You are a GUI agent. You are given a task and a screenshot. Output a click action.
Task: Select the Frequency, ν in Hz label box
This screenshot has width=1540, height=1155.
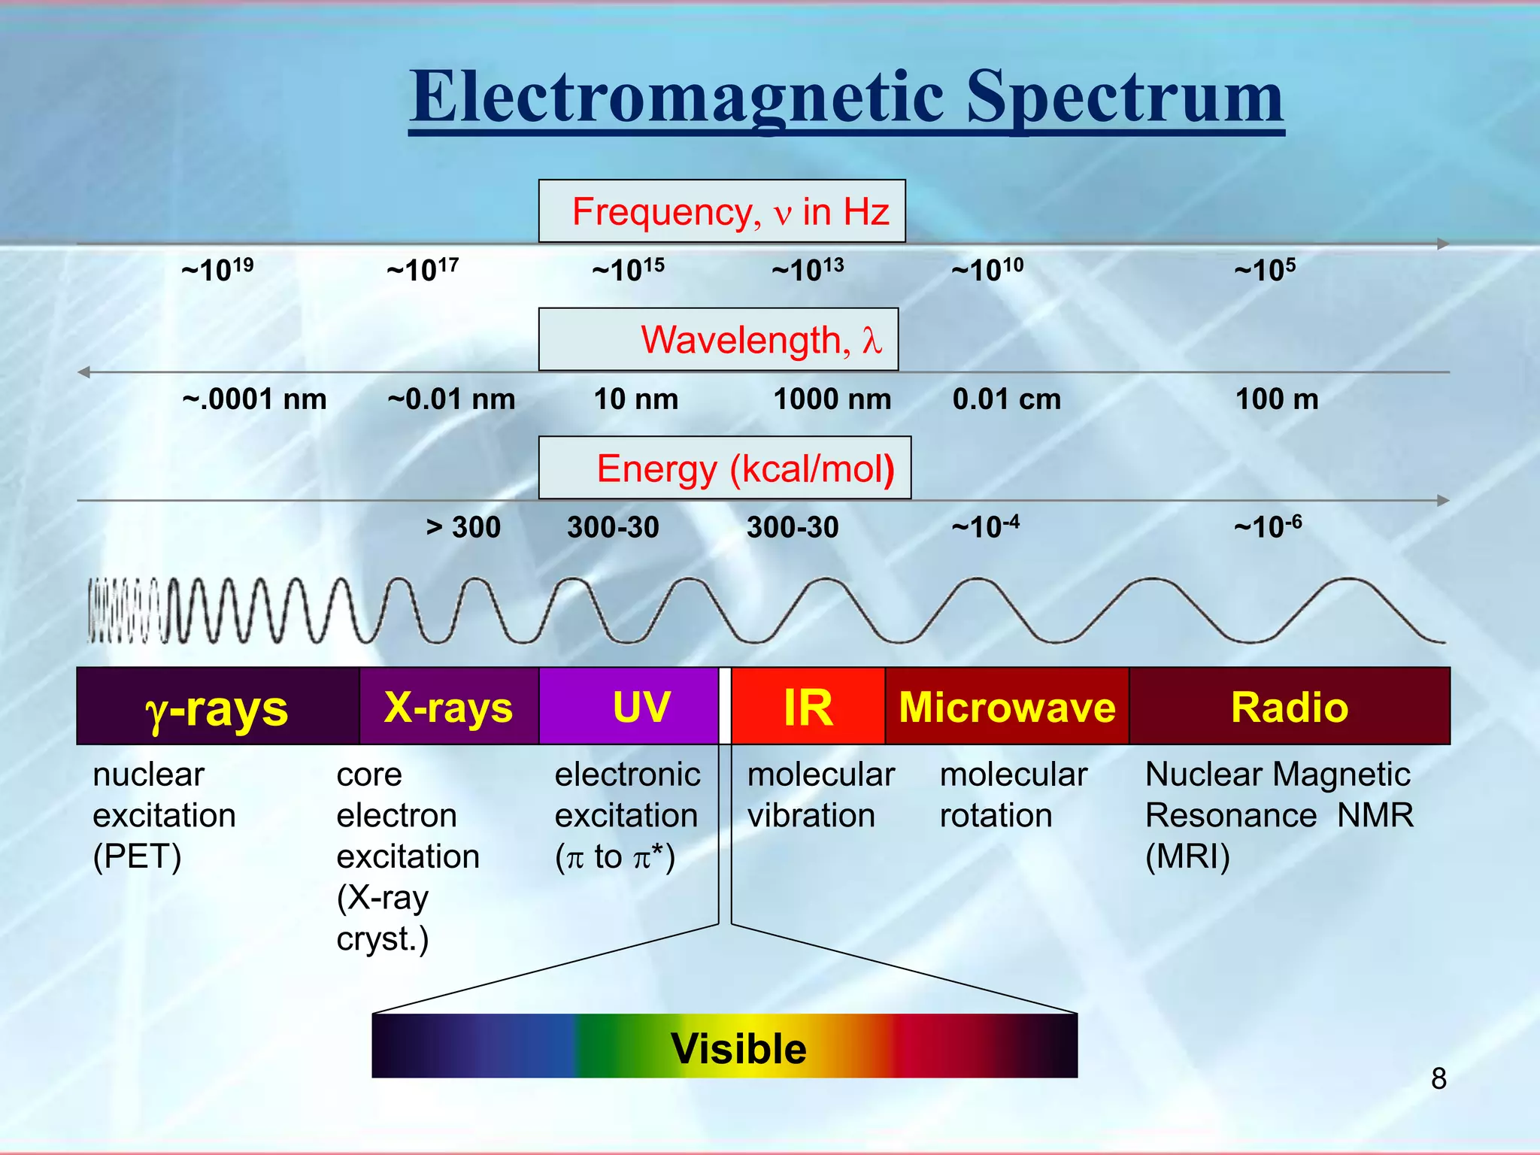pos(722,211)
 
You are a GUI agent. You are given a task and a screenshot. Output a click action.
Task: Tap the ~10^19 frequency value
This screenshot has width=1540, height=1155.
pos(217,269)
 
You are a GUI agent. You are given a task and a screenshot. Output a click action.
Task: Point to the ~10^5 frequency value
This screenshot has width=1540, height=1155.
pos(1265,269)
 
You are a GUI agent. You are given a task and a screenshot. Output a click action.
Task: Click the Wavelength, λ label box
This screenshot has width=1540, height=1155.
pos(719,339)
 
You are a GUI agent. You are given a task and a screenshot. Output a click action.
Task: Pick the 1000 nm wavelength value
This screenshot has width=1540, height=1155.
pos(832,399)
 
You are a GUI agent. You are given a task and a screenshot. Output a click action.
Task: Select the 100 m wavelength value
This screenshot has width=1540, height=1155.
pos(1277,399)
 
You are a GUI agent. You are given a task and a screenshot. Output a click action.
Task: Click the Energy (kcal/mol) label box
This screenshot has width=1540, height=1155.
pos(725,468)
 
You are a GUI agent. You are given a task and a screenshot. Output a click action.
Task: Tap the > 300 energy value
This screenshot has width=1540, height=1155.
pos(463,527)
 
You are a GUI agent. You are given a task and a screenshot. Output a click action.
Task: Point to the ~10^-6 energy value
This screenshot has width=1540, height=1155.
pos(1268,526)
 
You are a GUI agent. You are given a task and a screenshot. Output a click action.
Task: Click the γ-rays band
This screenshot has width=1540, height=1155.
pos(217,707)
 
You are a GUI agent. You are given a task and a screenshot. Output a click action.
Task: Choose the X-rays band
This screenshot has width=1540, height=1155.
pos(449,707)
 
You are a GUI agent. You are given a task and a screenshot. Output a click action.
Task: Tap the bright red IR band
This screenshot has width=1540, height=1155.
pos(808,707)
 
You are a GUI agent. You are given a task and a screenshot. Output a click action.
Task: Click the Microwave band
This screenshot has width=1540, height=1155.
pos(1007,707)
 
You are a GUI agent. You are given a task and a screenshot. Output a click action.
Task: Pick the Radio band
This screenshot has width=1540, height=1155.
pos(1290,707)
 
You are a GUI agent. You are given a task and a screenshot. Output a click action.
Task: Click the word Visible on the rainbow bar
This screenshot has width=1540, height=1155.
pos(738,1048)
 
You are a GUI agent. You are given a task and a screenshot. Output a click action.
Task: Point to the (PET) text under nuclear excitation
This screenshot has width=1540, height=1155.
pos(137,856)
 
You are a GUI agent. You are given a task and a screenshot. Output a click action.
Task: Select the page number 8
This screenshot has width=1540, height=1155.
pos(1438,1079)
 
